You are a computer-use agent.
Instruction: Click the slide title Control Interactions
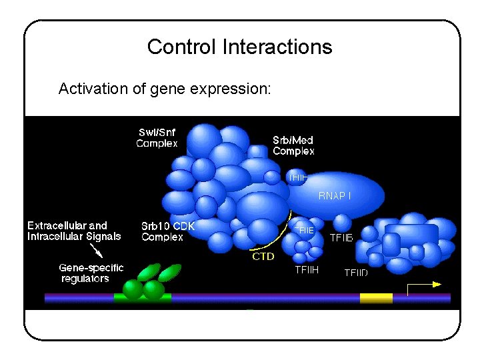coord(239,47)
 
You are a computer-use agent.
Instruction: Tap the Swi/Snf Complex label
coord(157,137)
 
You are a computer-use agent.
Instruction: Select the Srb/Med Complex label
coord(293,145)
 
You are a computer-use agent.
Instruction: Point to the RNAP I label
coord(335,195)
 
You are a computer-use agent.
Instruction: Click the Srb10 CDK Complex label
coord(167,231)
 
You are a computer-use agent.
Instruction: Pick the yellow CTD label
coord(263,256)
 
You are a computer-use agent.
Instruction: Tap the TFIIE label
coord(304,230)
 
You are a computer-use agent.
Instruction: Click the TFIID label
coord(356,272)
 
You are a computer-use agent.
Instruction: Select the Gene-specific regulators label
coord(91,273)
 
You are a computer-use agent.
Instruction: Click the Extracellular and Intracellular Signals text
coord(74,231)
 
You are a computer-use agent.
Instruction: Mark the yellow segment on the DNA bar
coord(376,298)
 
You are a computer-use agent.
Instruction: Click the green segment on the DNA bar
coord(142,298)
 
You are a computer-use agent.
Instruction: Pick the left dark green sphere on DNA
coord(133,289)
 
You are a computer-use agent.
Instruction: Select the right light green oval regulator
coord(170,272)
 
